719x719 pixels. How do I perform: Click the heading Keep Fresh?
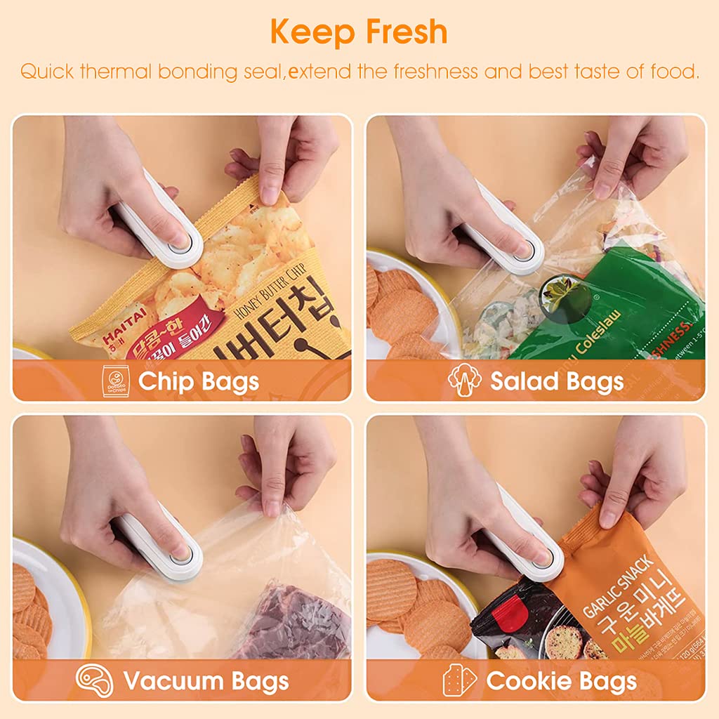click(359, 32)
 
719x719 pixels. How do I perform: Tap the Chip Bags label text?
click(199, 381)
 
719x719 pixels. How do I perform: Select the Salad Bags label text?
click(557, 381)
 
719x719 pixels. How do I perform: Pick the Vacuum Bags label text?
click(206, 680)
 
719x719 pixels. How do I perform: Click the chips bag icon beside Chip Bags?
click(116, 381)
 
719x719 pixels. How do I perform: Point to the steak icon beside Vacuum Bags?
click(94, 680)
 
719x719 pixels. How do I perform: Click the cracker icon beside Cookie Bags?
click(460, 680)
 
